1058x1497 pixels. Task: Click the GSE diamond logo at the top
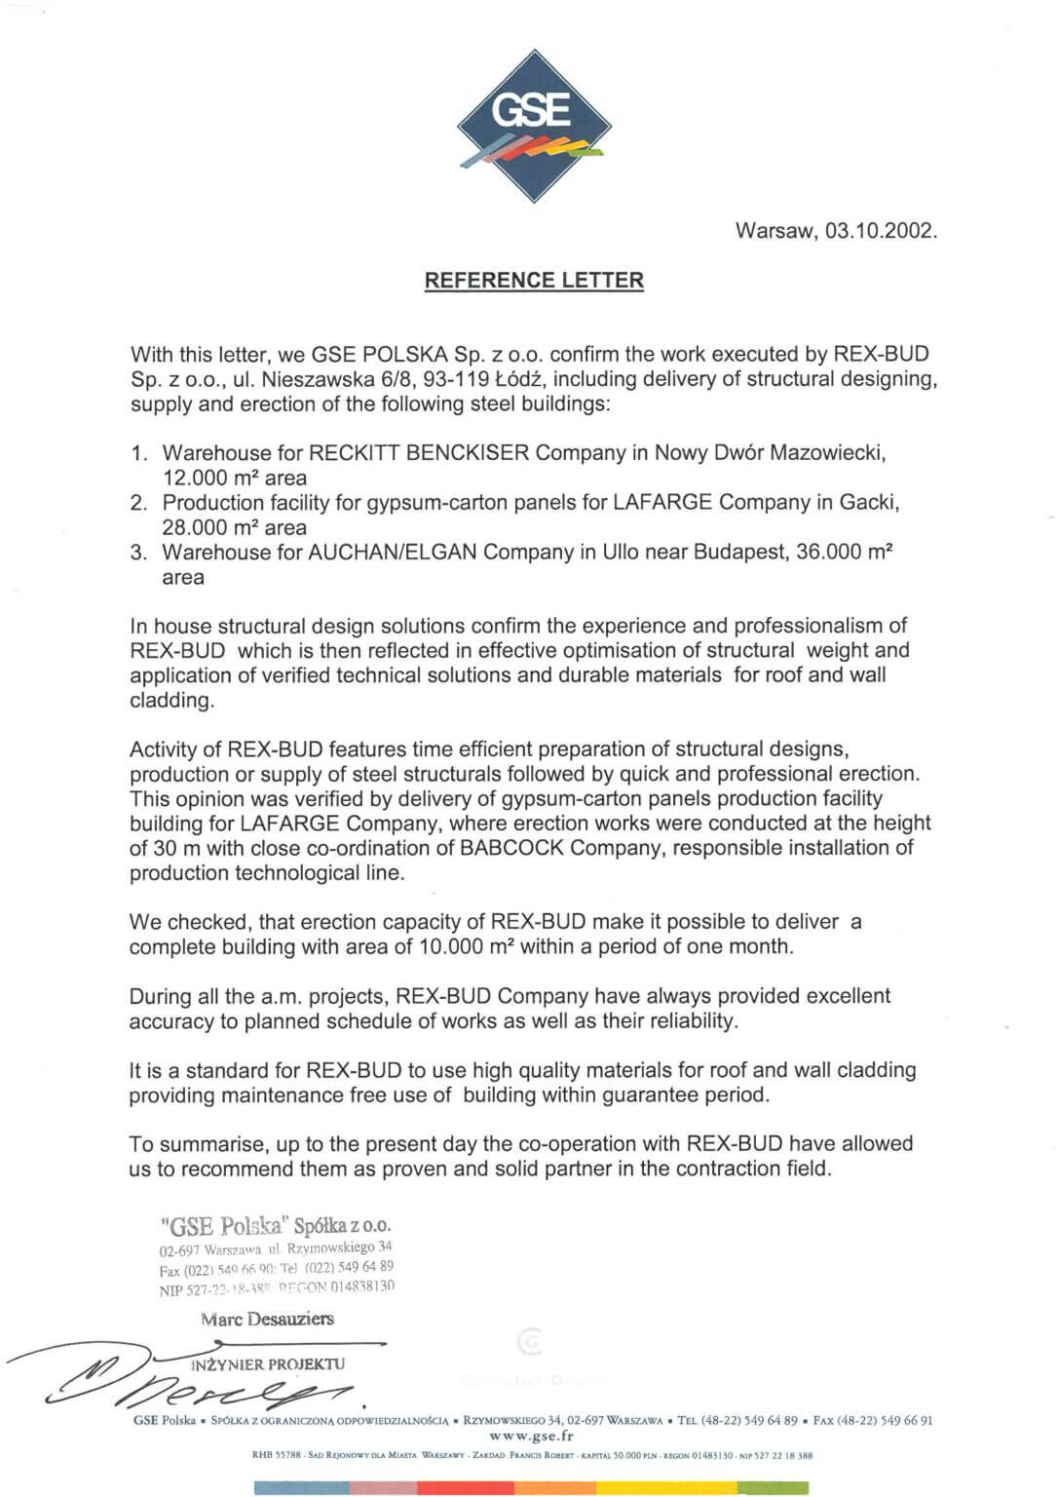(x=534, y=126)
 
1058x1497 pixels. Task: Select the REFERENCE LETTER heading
(x=534, y=281)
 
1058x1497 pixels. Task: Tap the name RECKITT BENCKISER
(x=419, y=453)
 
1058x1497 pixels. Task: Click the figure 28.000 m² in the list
(x=209, y=528)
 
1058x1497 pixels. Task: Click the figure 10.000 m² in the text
(x=467, y=946)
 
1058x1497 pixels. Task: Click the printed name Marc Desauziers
(x=267, y=1320)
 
